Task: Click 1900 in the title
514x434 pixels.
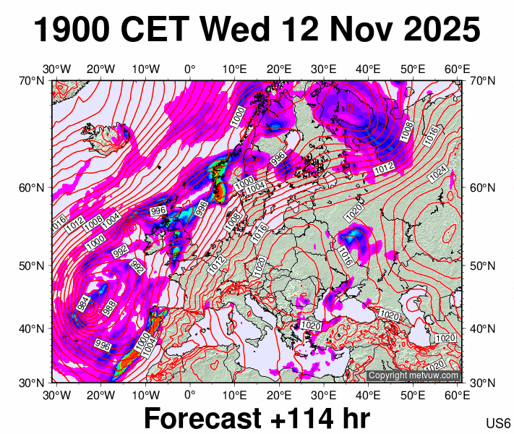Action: coord(72,30)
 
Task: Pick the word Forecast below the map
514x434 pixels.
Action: coord(201,419)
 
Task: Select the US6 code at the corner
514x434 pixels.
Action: coord(499,422)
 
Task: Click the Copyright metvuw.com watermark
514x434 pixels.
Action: coord(413,376)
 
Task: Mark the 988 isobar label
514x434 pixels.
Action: coord(108,307)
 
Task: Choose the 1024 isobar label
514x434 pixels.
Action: coord(437,174)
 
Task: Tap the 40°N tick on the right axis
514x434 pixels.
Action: coord(482,328)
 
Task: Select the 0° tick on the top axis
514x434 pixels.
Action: coord(190,69)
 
